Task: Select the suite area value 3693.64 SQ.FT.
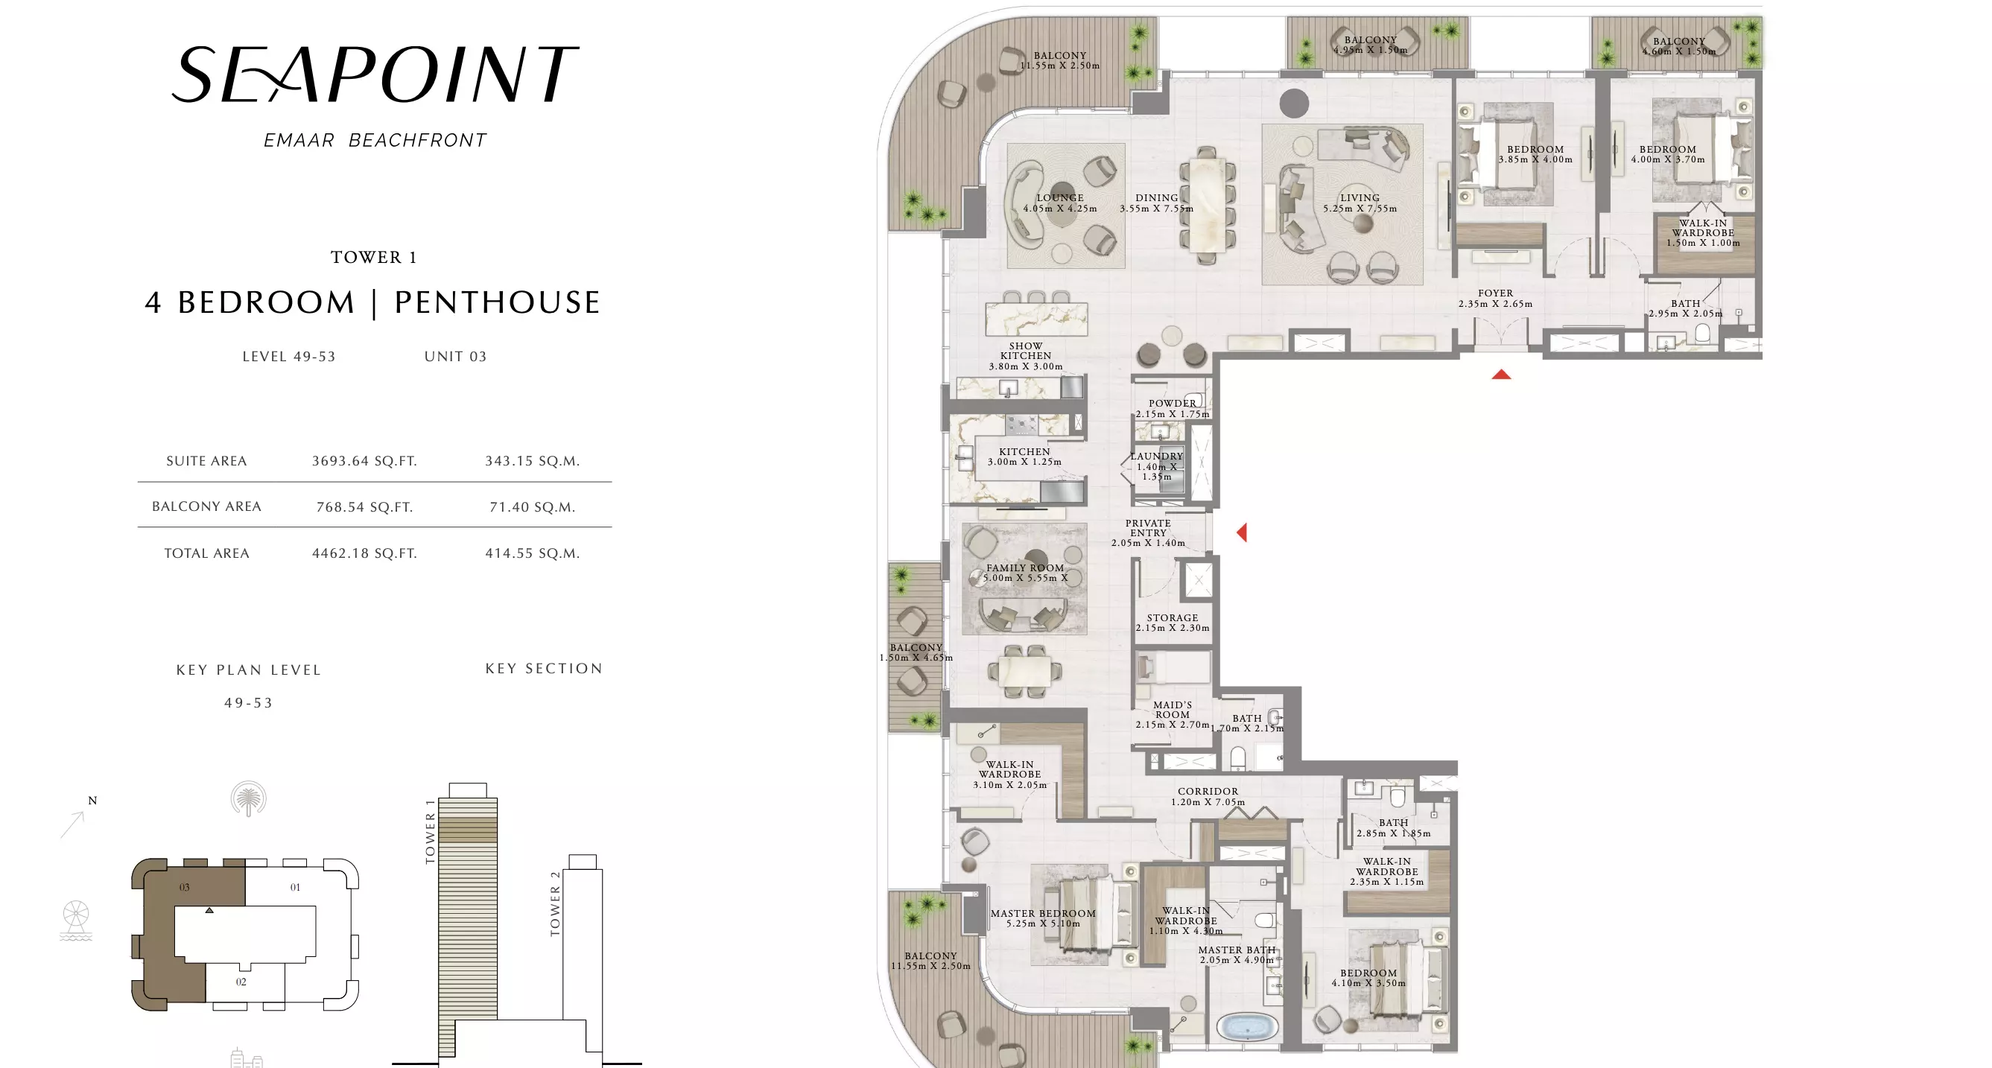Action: click(364, 461)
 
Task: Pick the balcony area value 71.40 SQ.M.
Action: click(532, 507)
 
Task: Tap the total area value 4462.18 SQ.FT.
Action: click(364, 553)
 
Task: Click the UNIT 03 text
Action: click(455, 357)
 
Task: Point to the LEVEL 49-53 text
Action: click(289, 357)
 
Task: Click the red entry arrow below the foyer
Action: click(1501, 375)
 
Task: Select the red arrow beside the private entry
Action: click(1242, 532)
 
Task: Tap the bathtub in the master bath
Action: click(1246, 1028)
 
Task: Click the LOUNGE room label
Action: click(1060, 198)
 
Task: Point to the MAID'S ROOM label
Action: click(1173, 710)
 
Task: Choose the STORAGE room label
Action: click(1173, 618)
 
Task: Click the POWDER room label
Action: click(1173, 403)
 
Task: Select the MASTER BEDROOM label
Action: click(1043, 913)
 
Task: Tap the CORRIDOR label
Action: click(1208, 791)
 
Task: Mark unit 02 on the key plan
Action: click(241, 982)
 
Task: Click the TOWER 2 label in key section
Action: click(554, 903)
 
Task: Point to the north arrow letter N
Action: click(93, 801)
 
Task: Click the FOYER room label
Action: click(1496, 293)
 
